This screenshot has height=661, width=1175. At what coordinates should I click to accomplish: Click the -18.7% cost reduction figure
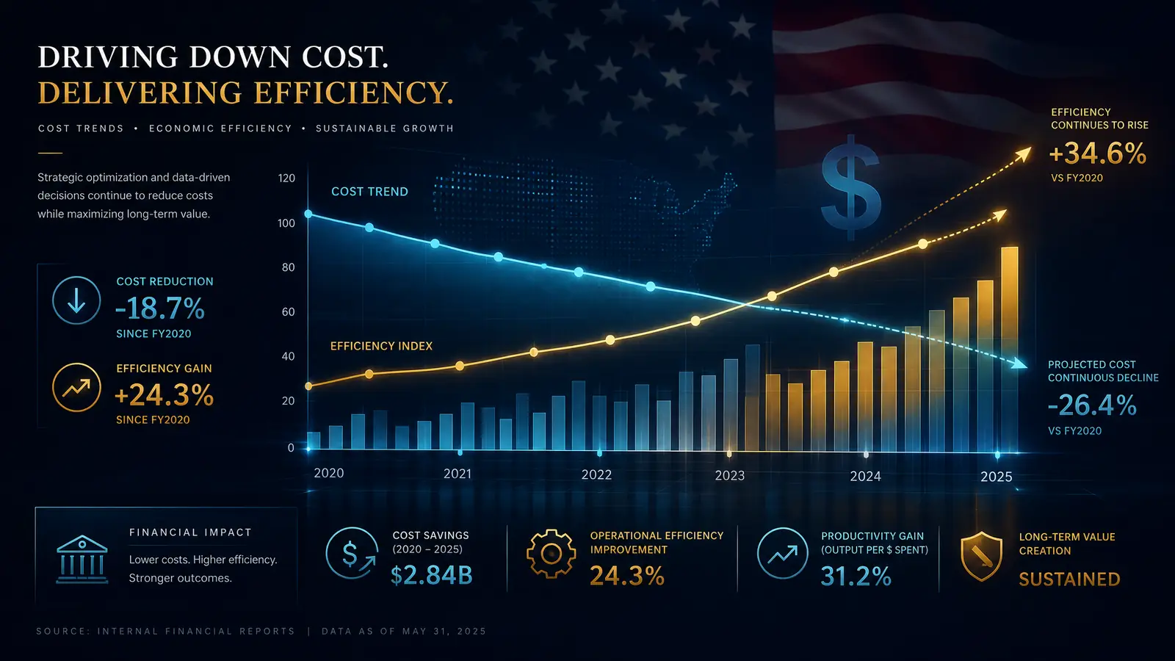(159, 308)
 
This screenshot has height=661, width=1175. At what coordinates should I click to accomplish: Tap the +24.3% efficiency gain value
(164, 395)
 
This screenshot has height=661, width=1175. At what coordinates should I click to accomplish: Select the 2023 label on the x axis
(730, 475)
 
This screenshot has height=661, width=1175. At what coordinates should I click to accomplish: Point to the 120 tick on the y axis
(286, 178)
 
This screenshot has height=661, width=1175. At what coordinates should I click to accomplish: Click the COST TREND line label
(370, 192)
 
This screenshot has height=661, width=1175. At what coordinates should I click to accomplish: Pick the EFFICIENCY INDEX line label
(381, 346)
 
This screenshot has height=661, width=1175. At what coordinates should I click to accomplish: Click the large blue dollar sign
(850, 187)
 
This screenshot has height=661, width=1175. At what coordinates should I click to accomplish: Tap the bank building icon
(82, 560)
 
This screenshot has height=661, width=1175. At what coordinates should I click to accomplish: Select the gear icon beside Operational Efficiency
(551, 554)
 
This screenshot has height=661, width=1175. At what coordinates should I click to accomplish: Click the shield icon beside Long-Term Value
(981, 556)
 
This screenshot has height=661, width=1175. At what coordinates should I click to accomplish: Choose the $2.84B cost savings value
(432, 575)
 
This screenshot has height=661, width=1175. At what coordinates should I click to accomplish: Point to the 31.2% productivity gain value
(856, 576)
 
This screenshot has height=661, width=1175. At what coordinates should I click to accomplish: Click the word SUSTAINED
(1069, 579)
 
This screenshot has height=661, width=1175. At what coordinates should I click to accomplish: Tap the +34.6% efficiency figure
(1097, 153)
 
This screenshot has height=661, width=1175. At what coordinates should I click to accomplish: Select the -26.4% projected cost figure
(1092, 405)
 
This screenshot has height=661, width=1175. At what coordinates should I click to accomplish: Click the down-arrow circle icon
(76, 300)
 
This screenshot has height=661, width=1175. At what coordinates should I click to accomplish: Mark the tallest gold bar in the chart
(1010, 349)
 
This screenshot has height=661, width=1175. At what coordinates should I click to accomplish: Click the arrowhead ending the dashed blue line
(1019, 363)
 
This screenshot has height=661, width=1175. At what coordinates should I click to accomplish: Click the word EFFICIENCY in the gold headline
(352, 93)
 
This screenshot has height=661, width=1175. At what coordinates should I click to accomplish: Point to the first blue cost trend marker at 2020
(308, 214)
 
